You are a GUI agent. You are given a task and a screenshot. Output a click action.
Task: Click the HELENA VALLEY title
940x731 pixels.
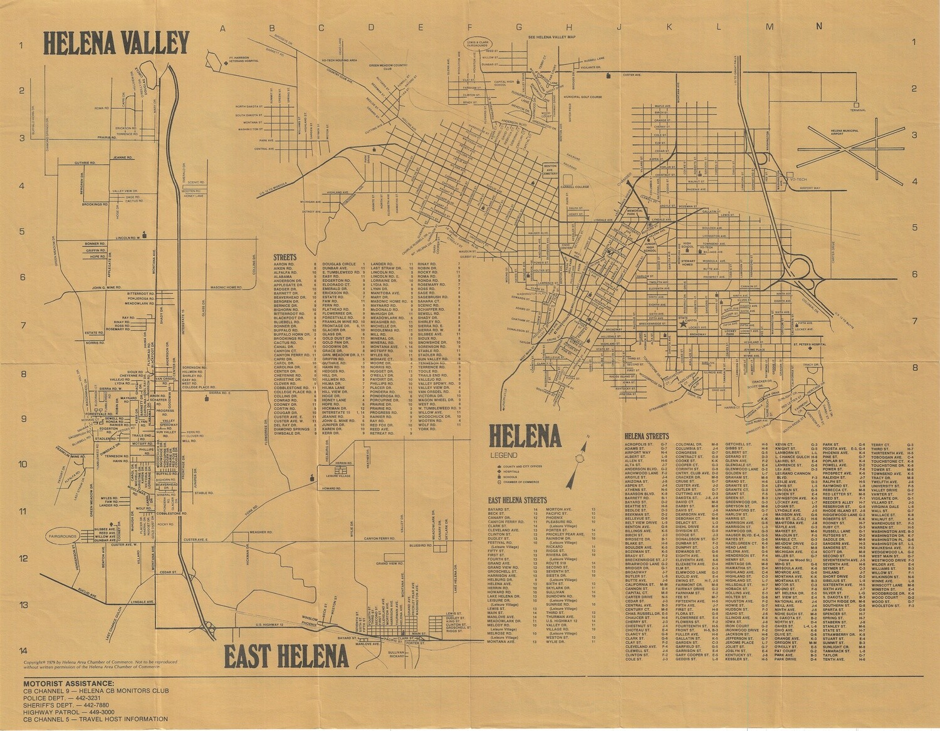[x=116, y=43]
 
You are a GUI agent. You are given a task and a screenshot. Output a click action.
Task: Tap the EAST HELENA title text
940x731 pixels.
[x=286, y=656]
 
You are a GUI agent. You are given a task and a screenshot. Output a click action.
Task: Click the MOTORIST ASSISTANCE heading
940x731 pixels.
[x=69, y=683]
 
